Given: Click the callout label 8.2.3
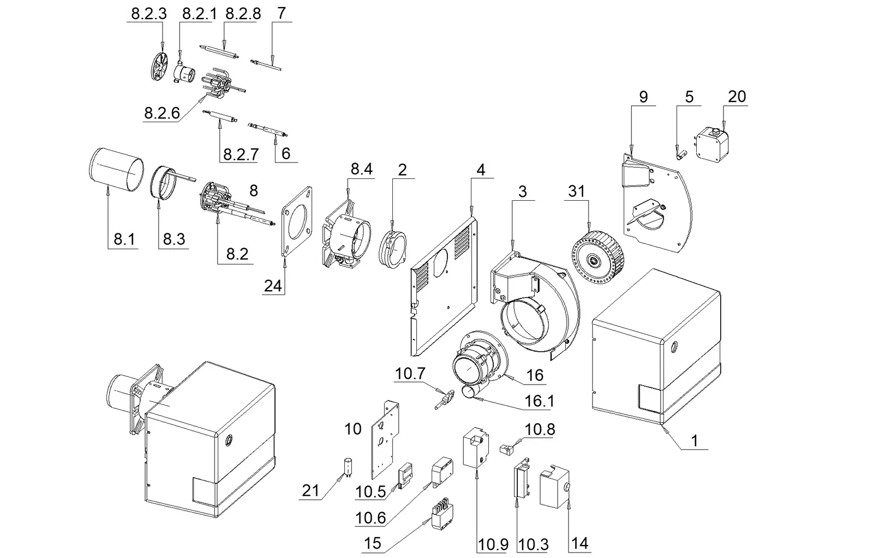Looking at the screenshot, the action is click(x=149, y=14).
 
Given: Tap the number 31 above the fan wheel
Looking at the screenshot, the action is click(x=576, y=191).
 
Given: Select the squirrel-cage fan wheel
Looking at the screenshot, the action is click(x=597, y=257).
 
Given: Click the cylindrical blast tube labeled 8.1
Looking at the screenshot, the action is click(x=116, y=169).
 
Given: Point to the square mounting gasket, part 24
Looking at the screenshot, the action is click(x=297, y=221).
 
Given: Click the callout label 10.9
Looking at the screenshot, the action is click(x=493, y=544).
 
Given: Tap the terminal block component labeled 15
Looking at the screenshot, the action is click(x=443, y=517).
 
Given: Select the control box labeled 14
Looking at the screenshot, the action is click(x=554, y=487).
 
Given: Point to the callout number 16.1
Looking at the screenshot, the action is click(x=540, y=401).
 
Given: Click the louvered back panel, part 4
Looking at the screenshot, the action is click(x=444, y=286).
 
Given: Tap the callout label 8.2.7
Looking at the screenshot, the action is click(x=241, y=155).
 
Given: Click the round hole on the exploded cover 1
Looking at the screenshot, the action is click(x=674, y=346).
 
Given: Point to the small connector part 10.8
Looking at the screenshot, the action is click(x=506, y=449).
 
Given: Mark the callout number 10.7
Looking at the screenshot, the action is click(x=410, y=374).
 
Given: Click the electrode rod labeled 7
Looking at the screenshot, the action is click(x=266, y=65).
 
